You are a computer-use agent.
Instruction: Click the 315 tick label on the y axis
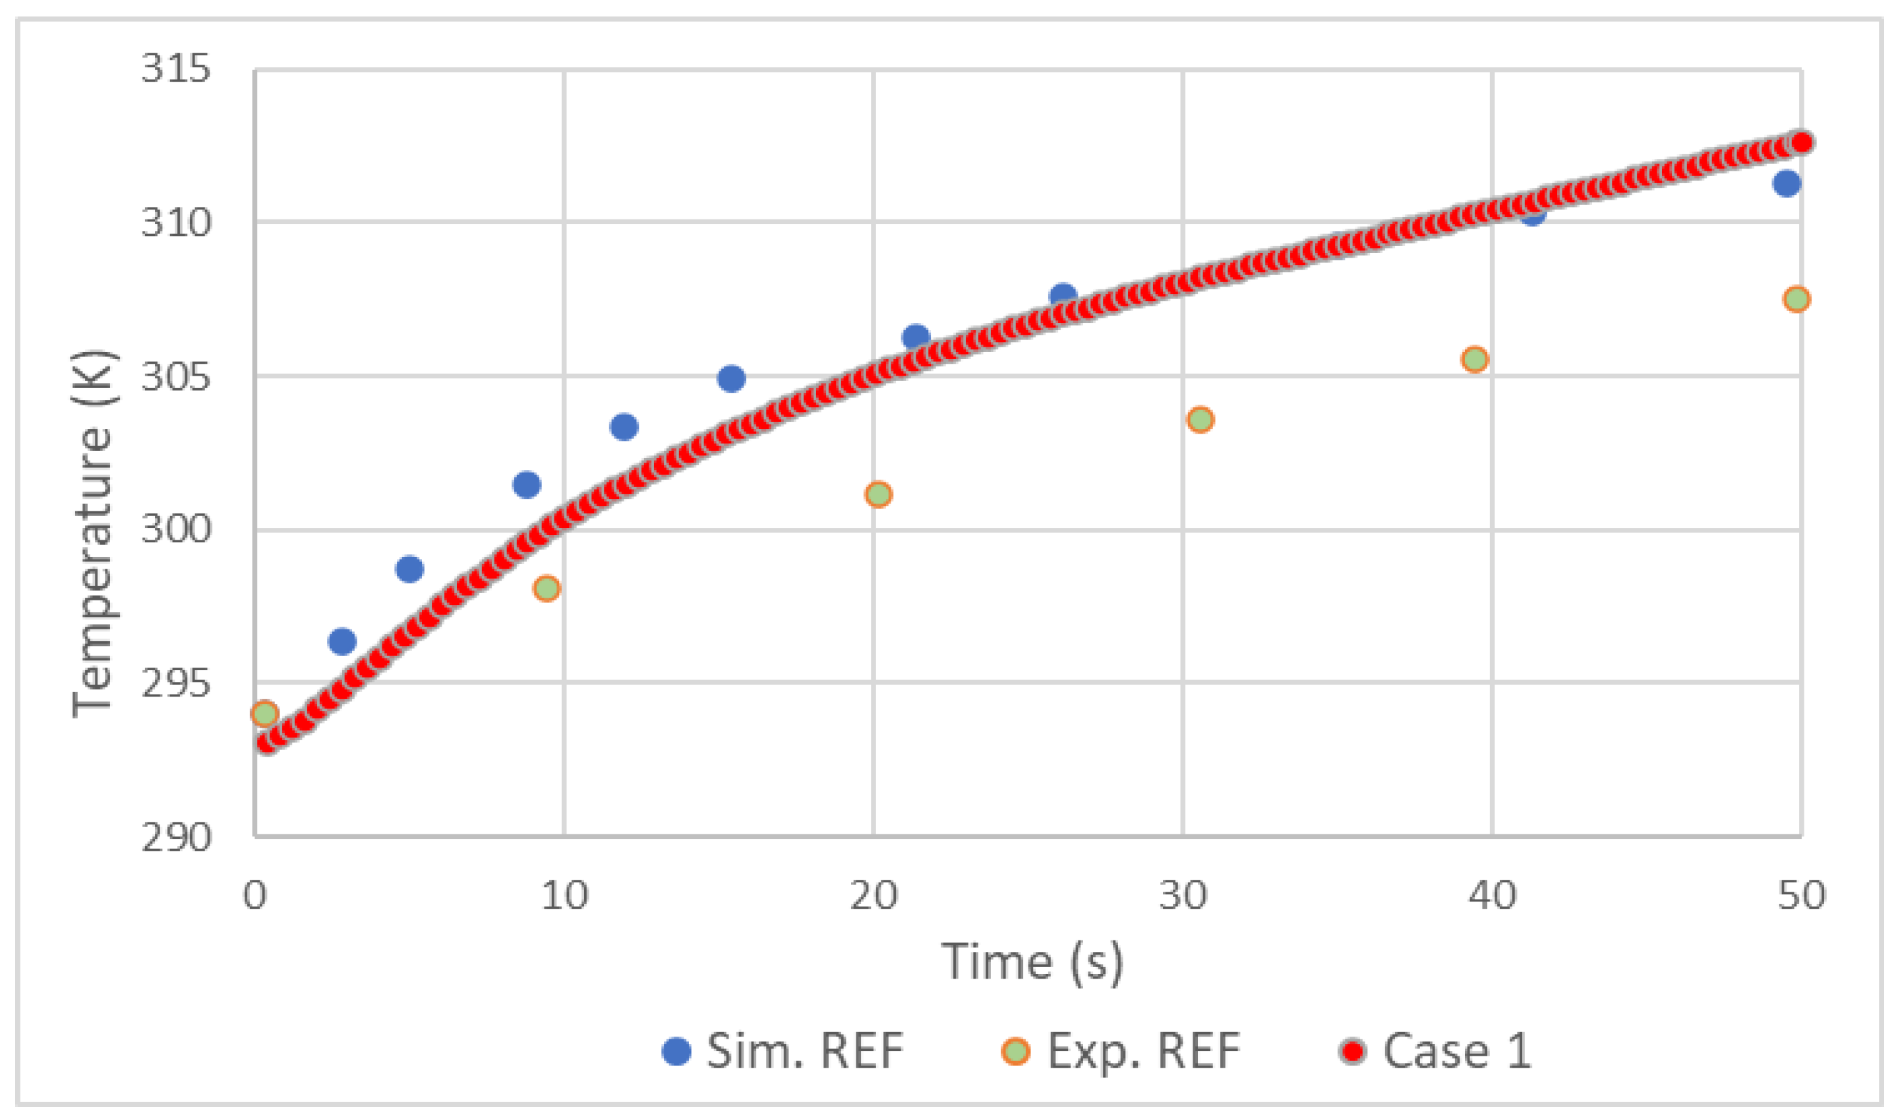pos(175,69)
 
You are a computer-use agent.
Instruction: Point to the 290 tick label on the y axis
pos(175,837)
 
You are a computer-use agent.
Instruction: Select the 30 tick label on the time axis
pos(1183,895)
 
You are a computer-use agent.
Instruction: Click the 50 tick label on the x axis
pos(1801,895)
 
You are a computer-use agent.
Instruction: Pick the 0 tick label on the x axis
pos(255,895)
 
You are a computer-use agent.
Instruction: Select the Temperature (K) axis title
pos(92,534)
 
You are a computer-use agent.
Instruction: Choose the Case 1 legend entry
pos(1435,1051)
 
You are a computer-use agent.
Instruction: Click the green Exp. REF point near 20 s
pos(878,495)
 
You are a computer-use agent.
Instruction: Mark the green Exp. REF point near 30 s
pos(1200,419)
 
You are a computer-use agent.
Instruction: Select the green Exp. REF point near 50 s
pos(1796,299)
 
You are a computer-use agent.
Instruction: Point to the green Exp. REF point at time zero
pos(264,713)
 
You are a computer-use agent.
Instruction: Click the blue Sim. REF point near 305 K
pos(731,378)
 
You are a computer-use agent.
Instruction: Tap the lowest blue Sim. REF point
pos(341,642)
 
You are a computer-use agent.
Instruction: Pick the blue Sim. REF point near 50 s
pos(1786,183)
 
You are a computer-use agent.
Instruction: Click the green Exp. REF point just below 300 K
pos(546,588)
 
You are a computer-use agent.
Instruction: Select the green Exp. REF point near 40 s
pos(1475,359)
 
